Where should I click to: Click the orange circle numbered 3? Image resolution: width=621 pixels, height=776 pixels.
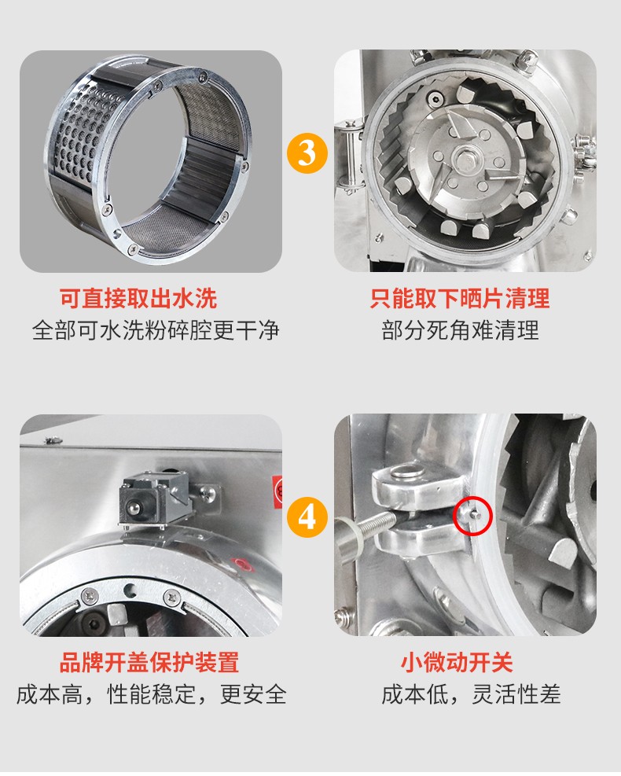[307, 153]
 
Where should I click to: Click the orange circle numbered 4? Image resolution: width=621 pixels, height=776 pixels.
[307, 517]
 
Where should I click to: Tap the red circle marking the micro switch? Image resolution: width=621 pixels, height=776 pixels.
[472, 515]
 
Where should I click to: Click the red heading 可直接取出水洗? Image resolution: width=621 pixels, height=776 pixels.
[138, 299]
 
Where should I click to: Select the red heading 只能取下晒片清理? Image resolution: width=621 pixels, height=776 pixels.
[460, 299]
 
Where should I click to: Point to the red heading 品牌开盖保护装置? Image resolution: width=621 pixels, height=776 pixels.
[149, 662]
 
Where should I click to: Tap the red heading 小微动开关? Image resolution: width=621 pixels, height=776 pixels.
[457, 662]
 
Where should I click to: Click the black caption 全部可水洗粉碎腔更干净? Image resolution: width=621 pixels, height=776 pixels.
[156, 330]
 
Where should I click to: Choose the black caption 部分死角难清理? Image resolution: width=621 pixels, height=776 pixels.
[460, 330]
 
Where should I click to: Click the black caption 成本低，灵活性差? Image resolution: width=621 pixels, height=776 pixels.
[471, 694]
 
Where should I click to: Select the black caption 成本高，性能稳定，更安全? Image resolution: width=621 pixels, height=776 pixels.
[152, 694]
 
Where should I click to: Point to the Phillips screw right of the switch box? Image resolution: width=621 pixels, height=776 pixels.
[209, 492]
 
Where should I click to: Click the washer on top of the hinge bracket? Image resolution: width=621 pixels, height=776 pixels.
[408, 471]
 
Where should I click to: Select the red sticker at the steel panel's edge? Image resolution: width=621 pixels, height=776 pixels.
[277, 490]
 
